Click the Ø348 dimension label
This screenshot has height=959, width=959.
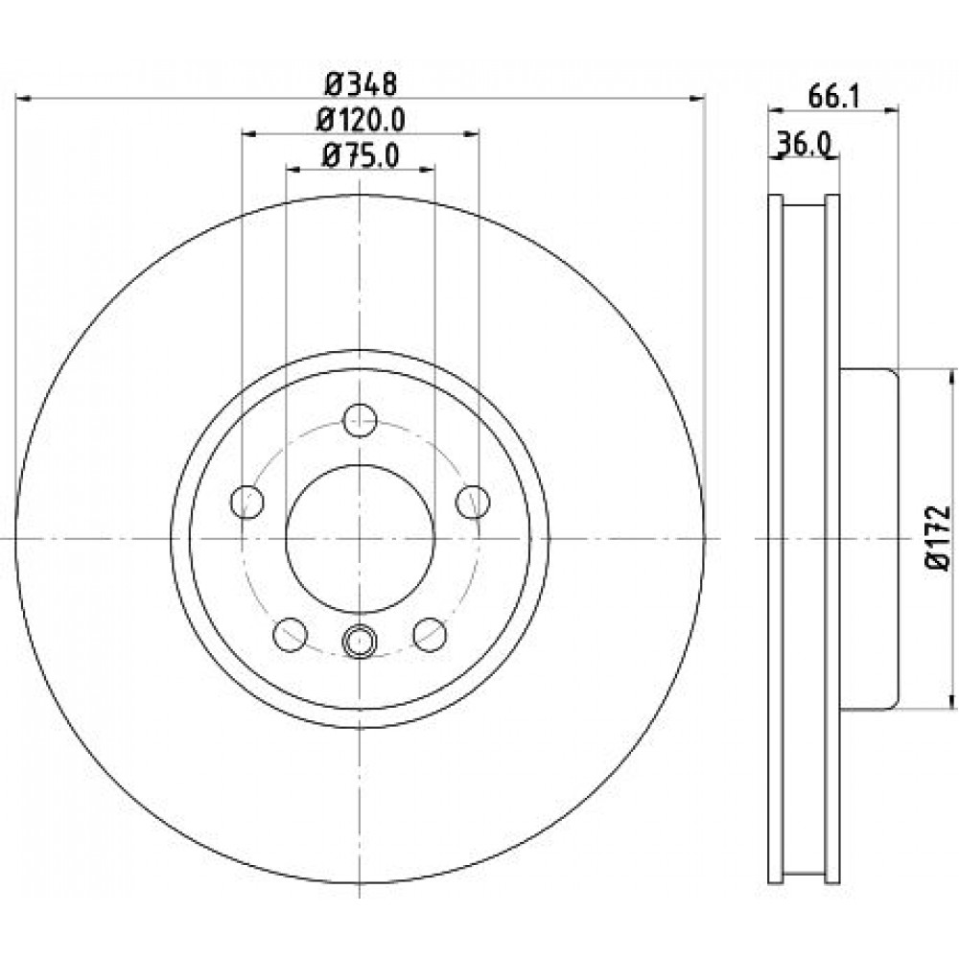(x=361, y=83)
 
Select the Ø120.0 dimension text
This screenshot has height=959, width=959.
(x=361, y=120)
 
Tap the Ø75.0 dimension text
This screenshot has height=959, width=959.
(x=361, y=156)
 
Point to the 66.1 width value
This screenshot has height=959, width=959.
(x=833, y=96)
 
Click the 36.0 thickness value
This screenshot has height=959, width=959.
(x=804, y=145)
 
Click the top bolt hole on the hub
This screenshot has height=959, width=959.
(x=360, y=420)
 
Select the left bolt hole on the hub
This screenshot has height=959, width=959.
(x=247, y=502)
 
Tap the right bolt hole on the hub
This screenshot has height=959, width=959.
(x=473, y=502)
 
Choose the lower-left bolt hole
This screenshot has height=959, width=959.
(x=290, y=634)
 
